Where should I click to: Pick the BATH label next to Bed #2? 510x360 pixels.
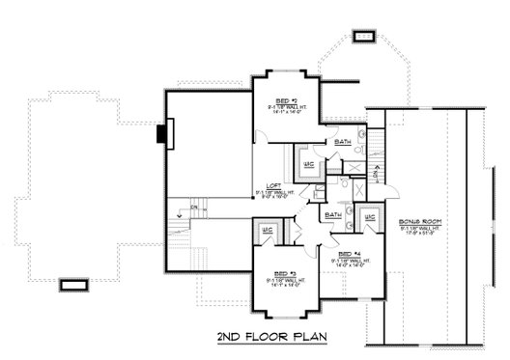coord(343,143)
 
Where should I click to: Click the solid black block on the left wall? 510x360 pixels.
coord(161,132)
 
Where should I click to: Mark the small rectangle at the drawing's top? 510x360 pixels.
coord(363,37)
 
